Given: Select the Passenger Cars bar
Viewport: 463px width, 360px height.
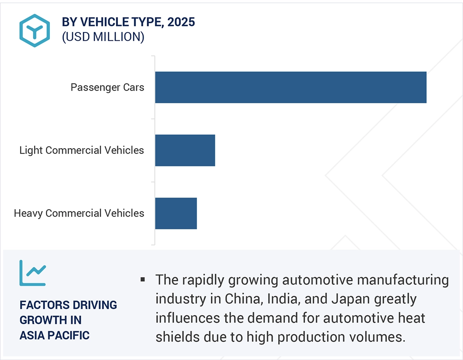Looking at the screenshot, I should point(290,87).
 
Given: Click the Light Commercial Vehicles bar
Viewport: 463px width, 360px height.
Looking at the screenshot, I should point(185,150).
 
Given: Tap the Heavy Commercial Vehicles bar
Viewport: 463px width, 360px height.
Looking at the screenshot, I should point(176,213).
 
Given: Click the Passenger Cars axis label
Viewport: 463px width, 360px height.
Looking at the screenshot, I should point(107,87).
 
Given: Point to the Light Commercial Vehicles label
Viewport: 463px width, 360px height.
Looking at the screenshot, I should point(82,150).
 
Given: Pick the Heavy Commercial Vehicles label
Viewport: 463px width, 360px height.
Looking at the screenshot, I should point(79,213).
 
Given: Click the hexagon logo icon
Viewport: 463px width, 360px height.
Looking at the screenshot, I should point(34,30).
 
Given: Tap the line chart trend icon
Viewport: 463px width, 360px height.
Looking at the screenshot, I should point(32,273).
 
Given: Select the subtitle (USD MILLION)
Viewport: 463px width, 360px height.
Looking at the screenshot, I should point(103,37).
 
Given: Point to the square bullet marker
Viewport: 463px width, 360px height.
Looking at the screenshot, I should point(142,280).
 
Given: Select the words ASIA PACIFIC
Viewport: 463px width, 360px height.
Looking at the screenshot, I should point(55,335).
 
